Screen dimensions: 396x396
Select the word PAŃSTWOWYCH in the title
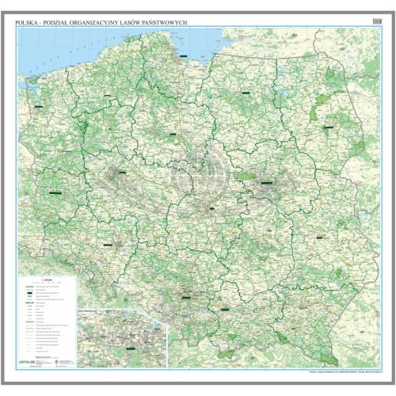(169, 23)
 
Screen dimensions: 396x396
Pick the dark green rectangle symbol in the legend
(34, 293)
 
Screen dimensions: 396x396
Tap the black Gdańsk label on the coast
(184, 57)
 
